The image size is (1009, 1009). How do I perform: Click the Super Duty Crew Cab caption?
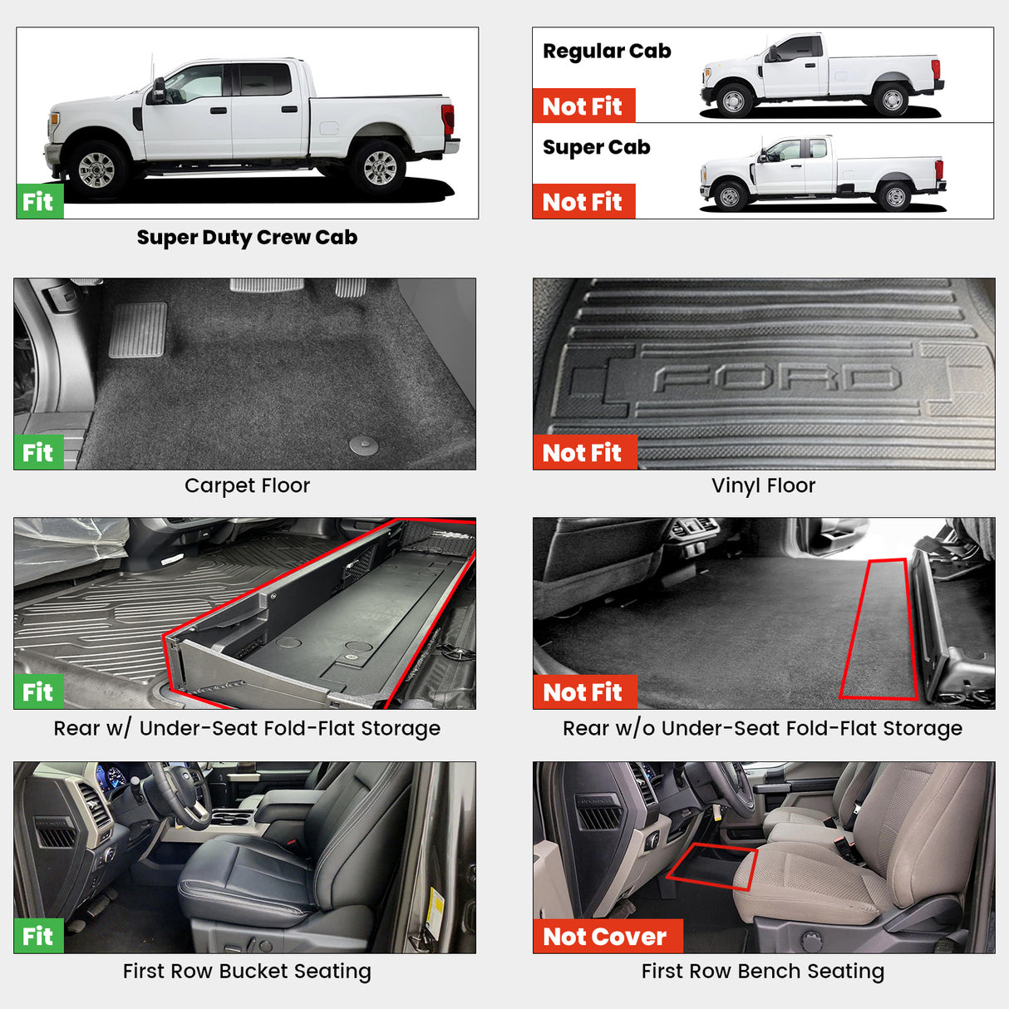[x=247, y=238]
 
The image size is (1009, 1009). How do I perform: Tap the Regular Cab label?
[x=607, y=52]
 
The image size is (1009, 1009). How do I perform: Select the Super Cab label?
[x=596, y=148]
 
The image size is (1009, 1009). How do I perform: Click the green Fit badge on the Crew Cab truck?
[x=39, y=202]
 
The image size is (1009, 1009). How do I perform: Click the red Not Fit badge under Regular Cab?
[x=583, y=106]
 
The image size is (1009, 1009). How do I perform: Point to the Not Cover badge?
[x=606, y=937]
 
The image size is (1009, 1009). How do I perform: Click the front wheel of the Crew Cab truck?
[x=96, y=169]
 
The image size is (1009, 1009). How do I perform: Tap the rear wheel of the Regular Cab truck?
[x=891, y=100]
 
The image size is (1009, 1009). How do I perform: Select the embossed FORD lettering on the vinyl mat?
[x=777, y=379]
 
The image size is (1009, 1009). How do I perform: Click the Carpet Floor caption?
[x=247, y=485]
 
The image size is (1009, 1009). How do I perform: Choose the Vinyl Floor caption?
[x=763, y=485]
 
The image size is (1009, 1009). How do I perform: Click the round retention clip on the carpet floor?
[x=363, y=445]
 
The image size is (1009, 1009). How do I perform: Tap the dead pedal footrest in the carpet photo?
[x=137, y=330]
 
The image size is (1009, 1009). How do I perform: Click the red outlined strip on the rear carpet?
[x=879, y=629]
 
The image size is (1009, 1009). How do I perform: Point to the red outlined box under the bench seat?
[x=713, y=867]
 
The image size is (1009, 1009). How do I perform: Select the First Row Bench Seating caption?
[x=762, y=971]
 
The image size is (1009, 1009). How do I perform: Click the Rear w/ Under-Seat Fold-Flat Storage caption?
[x=247, y=728]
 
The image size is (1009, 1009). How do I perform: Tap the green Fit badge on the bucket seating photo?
[x=39, y=937]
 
